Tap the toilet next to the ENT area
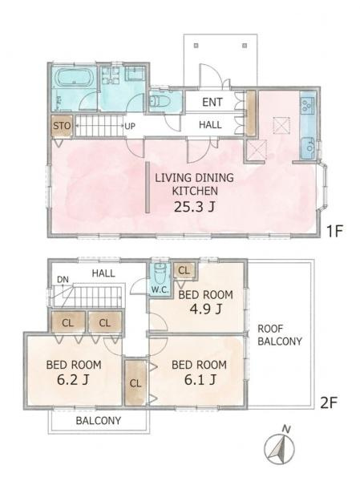[x=160, y=101]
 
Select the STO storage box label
[x=62, y=126]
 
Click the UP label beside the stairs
[x=130, y=126]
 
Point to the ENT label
[x=212, y=102]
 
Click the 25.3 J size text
[x=194, y=207]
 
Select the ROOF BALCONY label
[x=280, y=335]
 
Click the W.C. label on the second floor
[x=160, y=289]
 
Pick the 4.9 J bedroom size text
[x=205, y=309]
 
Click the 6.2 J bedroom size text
[x=73, y=380]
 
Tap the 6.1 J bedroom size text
[x=200, y=380]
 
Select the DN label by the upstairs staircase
[x=63, y=280]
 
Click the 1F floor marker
[x=334, y=231]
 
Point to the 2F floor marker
[x=329, y=402]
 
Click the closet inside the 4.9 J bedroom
[x=184, y=271]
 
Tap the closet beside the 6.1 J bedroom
[x=136, y=382]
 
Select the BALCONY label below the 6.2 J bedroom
[x=99, y=420]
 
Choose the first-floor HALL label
[x=210, y=125]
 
